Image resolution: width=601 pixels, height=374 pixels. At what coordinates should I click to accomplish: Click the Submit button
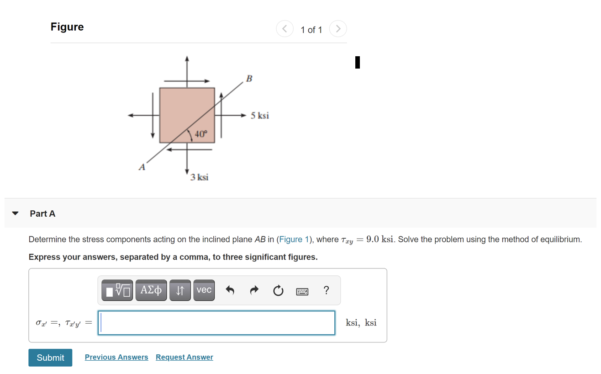tap(50, 358)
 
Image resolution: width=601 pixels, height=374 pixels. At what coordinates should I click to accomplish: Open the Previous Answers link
tap(116, 357)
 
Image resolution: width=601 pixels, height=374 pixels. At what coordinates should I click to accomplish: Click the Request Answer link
tap(184, 357)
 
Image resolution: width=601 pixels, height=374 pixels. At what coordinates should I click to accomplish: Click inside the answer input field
tap(216, 323)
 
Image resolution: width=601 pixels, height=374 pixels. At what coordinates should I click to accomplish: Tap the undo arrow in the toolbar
tap(230, 290)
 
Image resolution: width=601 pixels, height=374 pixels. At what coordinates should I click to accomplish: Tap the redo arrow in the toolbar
tap(254, 290)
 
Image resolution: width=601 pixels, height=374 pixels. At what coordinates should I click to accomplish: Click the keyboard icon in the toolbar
tap(302, 291)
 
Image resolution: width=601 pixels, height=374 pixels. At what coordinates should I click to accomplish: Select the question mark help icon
tap(326, 290)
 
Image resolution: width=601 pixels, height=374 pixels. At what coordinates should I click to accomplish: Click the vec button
tap(204, 290)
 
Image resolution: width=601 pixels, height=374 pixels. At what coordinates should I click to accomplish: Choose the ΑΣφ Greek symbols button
tap(151, 290)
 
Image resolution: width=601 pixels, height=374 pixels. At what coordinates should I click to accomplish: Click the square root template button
tap(117, 290)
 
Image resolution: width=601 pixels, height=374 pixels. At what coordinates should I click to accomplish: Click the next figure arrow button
tap(338, 29)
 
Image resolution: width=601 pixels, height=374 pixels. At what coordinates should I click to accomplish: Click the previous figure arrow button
tap(285, 29)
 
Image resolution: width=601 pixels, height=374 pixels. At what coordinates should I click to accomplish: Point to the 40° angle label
tap(201, 134)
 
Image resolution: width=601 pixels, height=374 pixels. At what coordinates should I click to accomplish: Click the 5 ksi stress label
tap(260, 116)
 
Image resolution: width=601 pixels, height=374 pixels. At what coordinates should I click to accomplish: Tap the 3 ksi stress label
tap(200, 177)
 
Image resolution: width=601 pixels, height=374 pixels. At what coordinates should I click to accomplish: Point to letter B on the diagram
tap(249, 78)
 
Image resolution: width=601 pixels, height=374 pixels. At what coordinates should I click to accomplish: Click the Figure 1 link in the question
tap(291, 240)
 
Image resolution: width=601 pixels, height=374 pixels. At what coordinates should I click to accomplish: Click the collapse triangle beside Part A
tap(16, 214)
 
